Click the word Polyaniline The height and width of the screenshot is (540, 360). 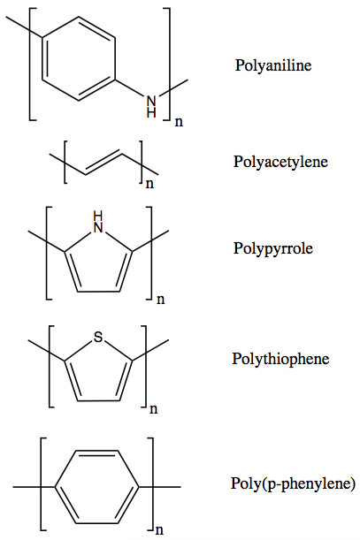coord(273,65)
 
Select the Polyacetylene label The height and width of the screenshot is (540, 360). coord(280,162)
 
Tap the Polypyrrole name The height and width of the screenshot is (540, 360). coord(273,248)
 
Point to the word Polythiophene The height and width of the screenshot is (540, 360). coord(280,359)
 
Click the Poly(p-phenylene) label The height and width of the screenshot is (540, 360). coord(293,483)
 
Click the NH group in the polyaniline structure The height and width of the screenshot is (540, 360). coord(151,107)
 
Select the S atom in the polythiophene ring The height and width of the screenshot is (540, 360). coord(98,337)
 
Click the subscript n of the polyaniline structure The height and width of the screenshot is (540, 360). coord(179,122)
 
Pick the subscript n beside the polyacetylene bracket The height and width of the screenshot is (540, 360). coord(149,184)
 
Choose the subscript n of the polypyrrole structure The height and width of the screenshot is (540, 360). coord(161,300)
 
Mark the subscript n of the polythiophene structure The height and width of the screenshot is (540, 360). coord(153,409)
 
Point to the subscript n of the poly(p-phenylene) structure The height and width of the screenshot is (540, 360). coord(159,530)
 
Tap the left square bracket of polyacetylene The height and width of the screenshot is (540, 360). coord(65,162)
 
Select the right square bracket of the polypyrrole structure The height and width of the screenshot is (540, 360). coord(150,253)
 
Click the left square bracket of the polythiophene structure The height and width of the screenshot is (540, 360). coord(50,367)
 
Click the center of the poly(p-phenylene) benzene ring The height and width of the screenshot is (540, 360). coord(97,487)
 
